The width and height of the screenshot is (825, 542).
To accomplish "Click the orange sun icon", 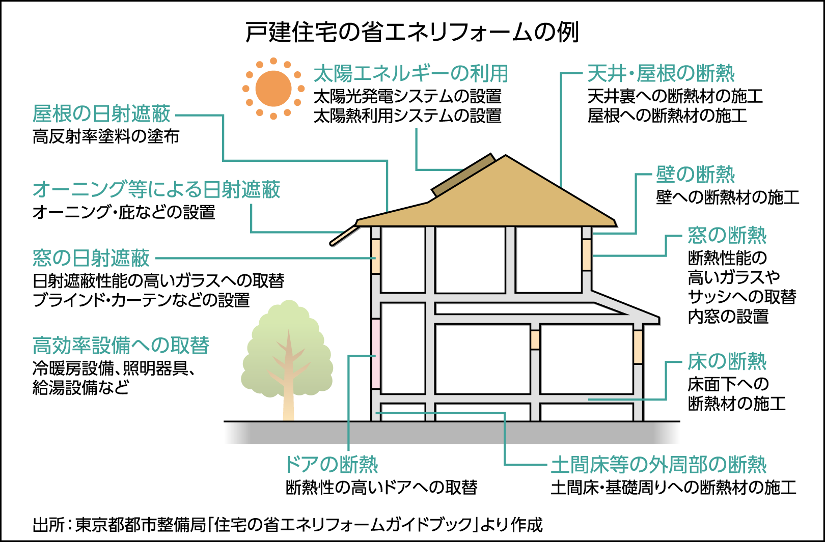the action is (273, 89).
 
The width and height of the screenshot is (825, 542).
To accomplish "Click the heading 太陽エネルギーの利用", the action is (410, 73).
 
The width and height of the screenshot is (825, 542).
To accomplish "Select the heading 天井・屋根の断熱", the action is (661, 73).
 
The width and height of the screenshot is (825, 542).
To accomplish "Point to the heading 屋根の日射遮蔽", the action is (102, 113).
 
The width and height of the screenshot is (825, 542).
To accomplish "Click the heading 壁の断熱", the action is (695, 175).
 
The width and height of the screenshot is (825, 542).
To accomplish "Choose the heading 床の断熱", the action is (727, 361).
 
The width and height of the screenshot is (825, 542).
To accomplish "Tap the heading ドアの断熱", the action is (332, 464).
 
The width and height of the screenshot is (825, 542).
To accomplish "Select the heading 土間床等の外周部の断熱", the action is (658, 464).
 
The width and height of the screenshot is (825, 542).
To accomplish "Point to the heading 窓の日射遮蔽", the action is (91, 258).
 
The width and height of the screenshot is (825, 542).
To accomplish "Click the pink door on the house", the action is (376, 354).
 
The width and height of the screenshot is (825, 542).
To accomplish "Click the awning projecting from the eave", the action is (344, 235).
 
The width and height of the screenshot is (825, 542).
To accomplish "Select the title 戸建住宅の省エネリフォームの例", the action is (412, 33).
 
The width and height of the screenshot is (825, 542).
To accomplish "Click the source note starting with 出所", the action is (288, 524).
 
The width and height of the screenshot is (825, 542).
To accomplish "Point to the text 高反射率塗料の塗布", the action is (106, 136).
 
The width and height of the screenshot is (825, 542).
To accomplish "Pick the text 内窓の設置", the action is (728, 316).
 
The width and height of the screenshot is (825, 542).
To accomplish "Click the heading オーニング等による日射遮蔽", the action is (156, 189).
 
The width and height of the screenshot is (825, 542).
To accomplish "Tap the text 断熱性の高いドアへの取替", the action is (381, 488).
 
